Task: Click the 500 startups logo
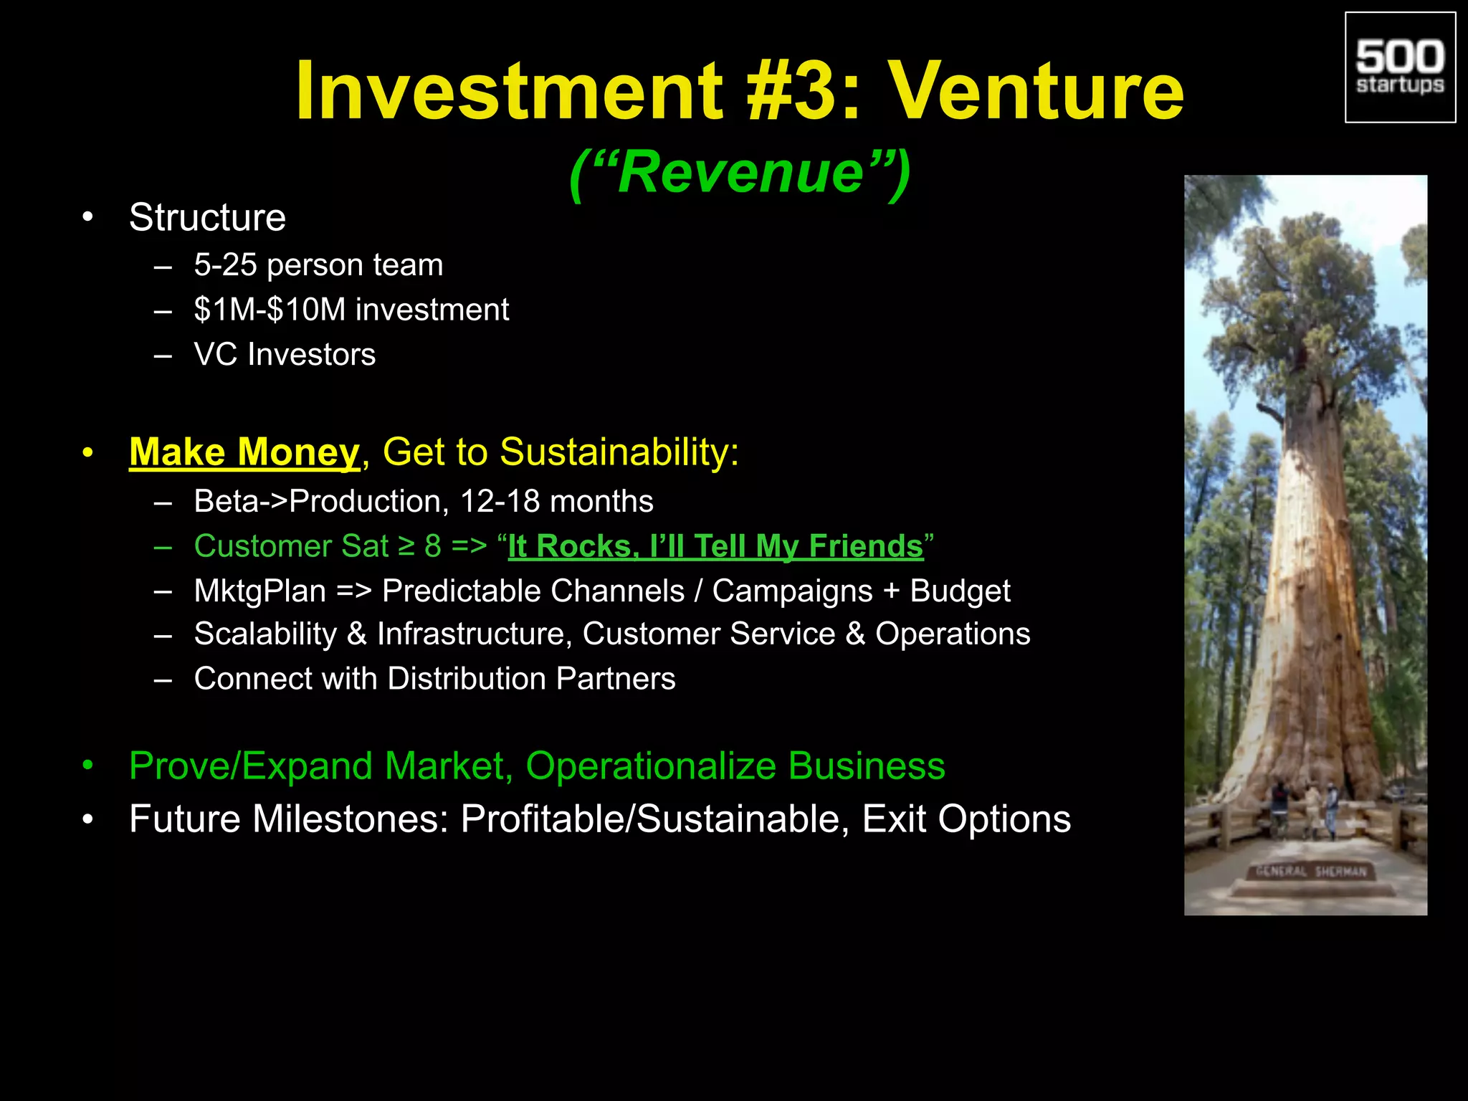tap(1400, 67)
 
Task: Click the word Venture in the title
tap(1036, 91)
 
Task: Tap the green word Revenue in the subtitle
tap(740, 173)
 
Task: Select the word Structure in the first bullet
tap(207, 217)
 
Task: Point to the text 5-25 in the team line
tap(225, 265)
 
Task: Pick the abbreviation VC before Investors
tap(215, 355)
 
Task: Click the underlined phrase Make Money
tap(244, 452)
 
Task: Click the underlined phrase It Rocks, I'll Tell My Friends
tap(715, 546)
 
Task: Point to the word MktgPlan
tap(259, 591)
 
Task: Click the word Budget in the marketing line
tap(960, 591)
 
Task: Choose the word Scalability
tap(265, 634)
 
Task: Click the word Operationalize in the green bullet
tap(650, 766)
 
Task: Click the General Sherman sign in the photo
tap(1311, 872)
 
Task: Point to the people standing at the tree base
tap(1305, 810)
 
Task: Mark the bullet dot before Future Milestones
tap(87, 819)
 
